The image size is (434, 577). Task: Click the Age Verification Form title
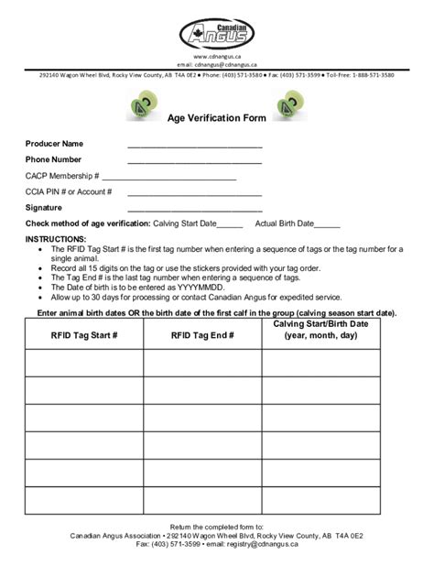(x=216, y=118)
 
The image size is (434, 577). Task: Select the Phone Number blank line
(x=194, y=162)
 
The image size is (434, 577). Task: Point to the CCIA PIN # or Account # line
(x=194, y=194)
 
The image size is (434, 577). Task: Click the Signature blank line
(x=194, y=211)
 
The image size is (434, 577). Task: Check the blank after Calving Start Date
(x=231, y=225)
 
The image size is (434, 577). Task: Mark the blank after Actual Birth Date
(x=327, y=225)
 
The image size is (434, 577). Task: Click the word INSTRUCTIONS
(x=56, y=238)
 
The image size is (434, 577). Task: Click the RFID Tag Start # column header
(x=83, y=335)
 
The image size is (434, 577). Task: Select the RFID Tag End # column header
(x=202, y=335)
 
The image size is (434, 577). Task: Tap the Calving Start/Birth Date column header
(x=320, y=330)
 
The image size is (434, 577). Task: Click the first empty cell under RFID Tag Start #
(x=83, y=364)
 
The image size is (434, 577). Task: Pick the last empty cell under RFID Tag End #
(x=202, y=500)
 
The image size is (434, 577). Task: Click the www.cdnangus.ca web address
(x=217, y=57)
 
